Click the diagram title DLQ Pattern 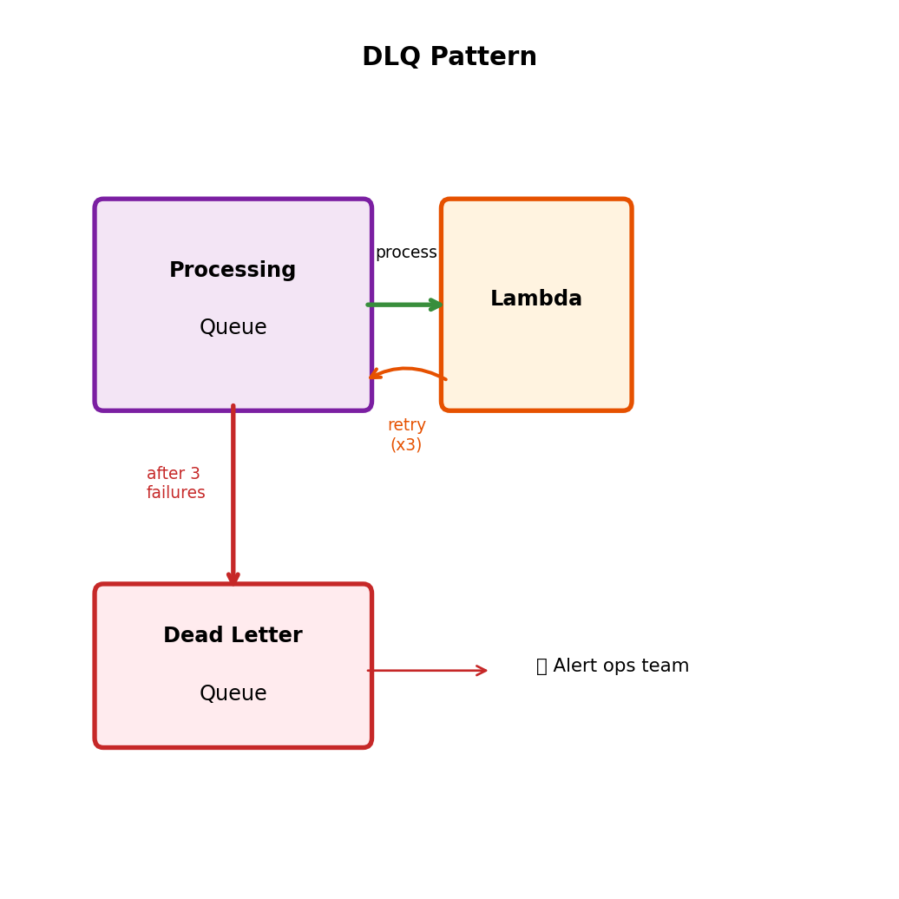[x=449, y=57]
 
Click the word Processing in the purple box [x=233, y=270]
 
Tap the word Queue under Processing [x=233, y=328]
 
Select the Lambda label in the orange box [x=535, y=299]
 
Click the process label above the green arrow [x=406, y=253]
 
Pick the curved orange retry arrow [x=408, y=371]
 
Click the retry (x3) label [x=406, y=435]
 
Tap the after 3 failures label [x=175, y=483]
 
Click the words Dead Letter [x=233, y=635]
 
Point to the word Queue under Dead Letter [x=233, y=693]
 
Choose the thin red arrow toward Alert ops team [x=425, y=670]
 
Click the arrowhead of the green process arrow [x=436, y=305]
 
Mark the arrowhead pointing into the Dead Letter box [x=233, y=578]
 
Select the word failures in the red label [x=175, y=493]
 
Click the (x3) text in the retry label [x=406, y=445]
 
